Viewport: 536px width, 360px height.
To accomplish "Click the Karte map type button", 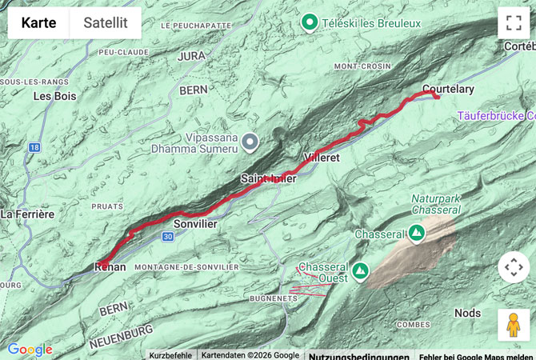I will click(38, 23).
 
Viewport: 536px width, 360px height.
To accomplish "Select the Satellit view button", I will click(105, 23).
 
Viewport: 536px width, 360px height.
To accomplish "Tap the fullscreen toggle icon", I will click(513, 22).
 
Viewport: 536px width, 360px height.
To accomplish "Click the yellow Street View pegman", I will click(513, 325).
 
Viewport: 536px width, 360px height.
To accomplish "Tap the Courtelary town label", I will click(448, 89).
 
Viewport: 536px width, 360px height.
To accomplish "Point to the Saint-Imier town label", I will click(269, 179).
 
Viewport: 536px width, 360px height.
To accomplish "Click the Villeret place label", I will click(322, 158).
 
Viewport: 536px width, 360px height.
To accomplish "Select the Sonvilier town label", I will click(195, 224).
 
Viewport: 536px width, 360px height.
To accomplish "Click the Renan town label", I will click(110, 266).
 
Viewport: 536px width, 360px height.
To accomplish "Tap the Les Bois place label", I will click(54, 96).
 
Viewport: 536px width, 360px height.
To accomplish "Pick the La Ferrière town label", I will click(27, 214).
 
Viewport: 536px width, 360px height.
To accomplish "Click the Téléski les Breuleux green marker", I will click(310, 22).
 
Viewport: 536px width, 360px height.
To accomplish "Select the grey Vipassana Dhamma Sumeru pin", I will click(250, 143).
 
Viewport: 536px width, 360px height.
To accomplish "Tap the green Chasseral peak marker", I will click(416, 234).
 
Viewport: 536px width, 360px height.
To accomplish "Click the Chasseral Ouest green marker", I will click(360, 271).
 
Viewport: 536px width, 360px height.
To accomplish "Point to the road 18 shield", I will click(34, 148).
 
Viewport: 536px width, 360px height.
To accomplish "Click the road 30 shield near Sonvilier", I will click(166, 237).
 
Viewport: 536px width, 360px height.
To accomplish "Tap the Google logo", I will click(30, 350).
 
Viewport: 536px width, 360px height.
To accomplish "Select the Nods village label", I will click(468, 312).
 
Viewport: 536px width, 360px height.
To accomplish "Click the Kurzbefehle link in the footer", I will click(170, 355).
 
